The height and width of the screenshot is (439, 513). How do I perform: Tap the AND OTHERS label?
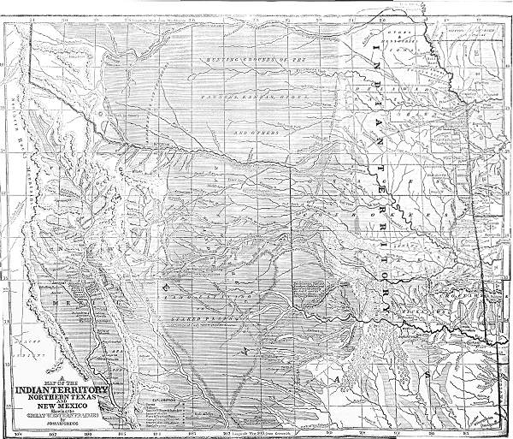(254, 133)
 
